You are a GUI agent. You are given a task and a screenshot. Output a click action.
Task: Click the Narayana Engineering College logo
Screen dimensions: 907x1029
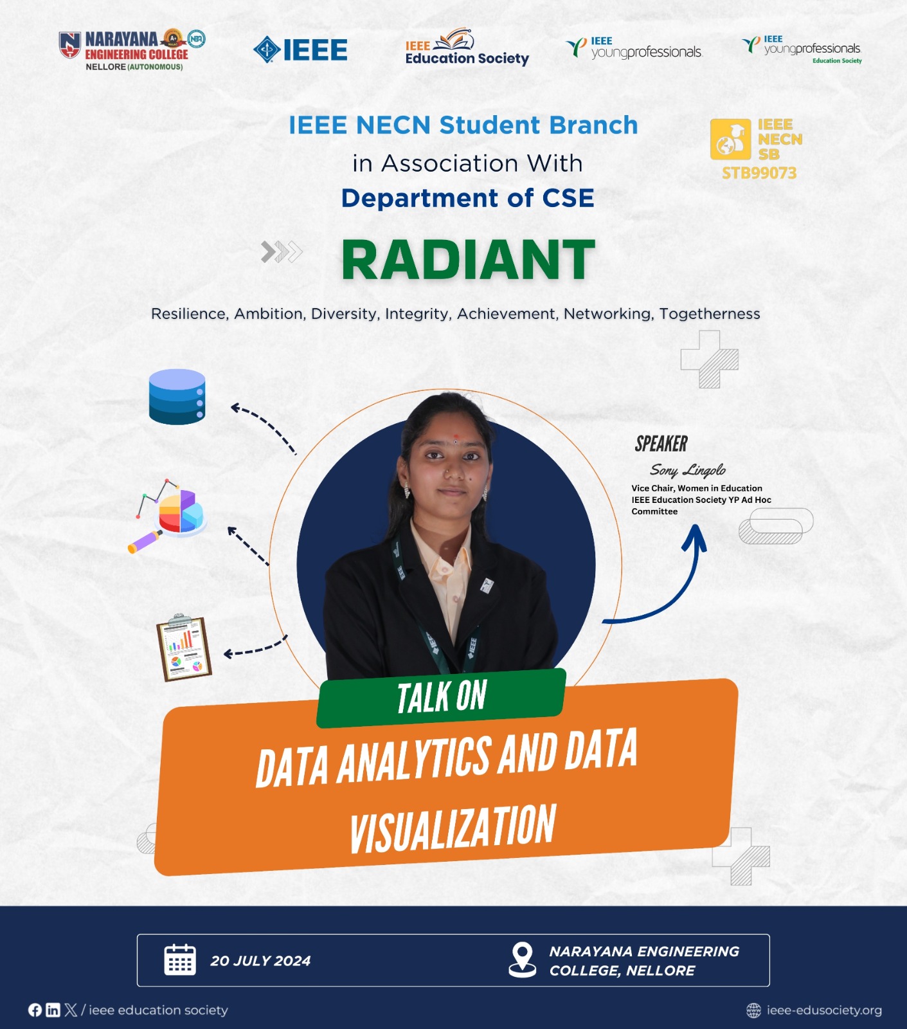point(132,50)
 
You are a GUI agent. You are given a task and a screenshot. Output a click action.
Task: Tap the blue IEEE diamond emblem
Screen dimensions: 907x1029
point(267,50)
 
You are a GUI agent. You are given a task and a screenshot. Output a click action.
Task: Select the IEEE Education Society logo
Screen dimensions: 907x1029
point(467,48)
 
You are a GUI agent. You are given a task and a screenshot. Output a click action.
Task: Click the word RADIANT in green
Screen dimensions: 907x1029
point(468,260)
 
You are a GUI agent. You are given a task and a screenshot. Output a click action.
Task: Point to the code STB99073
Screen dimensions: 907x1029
point(759,173)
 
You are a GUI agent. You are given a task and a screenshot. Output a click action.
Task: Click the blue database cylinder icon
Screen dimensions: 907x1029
point(177,397)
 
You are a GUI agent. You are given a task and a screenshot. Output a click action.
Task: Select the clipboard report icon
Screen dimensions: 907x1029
point(184,648)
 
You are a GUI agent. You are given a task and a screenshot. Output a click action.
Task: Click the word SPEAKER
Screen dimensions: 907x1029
point(661,444)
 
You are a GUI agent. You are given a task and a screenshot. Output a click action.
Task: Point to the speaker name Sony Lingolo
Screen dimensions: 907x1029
point(688,470)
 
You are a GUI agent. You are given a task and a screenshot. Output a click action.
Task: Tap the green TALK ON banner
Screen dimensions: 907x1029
point(442,698)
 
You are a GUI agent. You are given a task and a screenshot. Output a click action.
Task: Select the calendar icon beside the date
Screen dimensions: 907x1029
point(180,960)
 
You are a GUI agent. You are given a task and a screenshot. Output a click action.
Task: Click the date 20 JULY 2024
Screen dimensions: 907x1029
point(260,961)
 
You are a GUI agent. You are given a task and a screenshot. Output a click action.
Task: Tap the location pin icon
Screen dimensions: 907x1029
point(523,960)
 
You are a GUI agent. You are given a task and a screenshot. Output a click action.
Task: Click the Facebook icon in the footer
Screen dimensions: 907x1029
point(35,1010)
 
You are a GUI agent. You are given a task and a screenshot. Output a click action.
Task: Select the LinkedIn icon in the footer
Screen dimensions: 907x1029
point(53,1010)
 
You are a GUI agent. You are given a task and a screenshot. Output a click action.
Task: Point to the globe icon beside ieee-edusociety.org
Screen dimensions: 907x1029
point(753,1010)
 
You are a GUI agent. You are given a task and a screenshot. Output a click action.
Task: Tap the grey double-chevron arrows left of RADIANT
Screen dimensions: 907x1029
point(282,252)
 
